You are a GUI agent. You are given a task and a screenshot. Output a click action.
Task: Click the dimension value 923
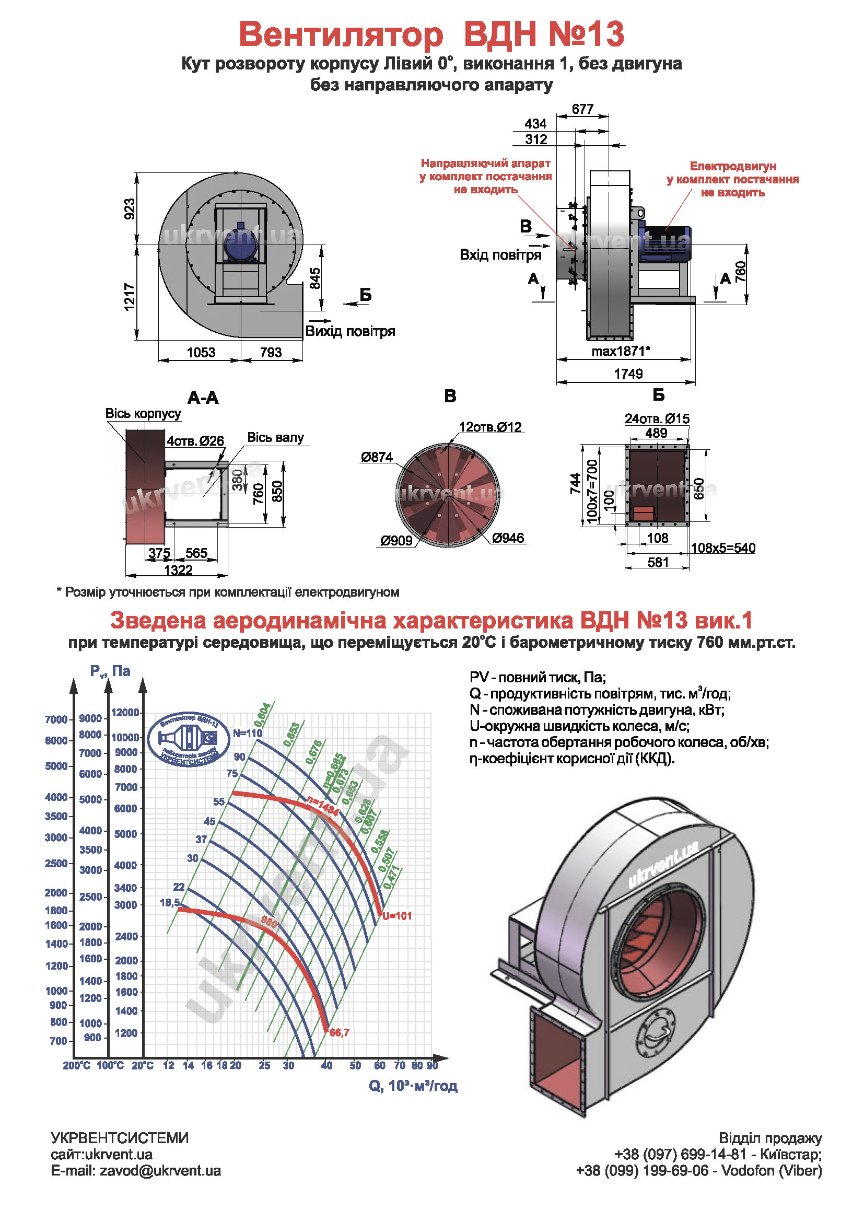pos(129,209)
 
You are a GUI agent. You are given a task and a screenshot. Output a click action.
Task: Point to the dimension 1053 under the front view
pos(201,352)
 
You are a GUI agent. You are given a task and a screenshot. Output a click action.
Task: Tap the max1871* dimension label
pos(621,351)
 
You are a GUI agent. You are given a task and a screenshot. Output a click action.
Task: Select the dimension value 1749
pos(628,374)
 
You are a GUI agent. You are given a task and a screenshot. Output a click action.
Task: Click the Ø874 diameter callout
pos(376,457)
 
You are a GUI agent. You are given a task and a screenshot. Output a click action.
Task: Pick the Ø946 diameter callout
pos(508,538)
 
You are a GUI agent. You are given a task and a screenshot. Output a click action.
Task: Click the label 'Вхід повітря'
pos(500,255)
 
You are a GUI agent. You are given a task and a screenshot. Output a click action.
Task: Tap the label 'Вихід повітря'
pos(350,331)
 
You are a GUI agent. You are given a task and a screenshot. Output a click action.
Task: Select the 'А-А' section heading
pos(203,398)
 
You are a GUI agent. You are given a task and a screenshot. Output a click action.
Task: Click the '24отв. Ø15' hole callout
pos(657,419)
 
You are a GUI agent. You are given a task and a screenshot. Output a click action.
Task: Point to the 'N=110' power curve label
pos(248,733)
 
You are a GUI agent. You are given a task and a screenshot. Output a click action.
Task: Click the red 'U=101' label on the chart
pos(397,916)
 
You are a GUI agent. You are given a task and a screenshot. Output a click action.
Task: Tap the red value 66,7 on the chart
pos(340,1032)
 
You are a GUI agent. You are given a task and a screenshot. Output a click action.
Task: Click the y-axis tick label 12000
pos(125,713)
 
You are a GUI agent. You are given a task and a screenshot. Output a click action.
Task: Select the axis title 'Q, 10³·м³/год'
pos(413,1086)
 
